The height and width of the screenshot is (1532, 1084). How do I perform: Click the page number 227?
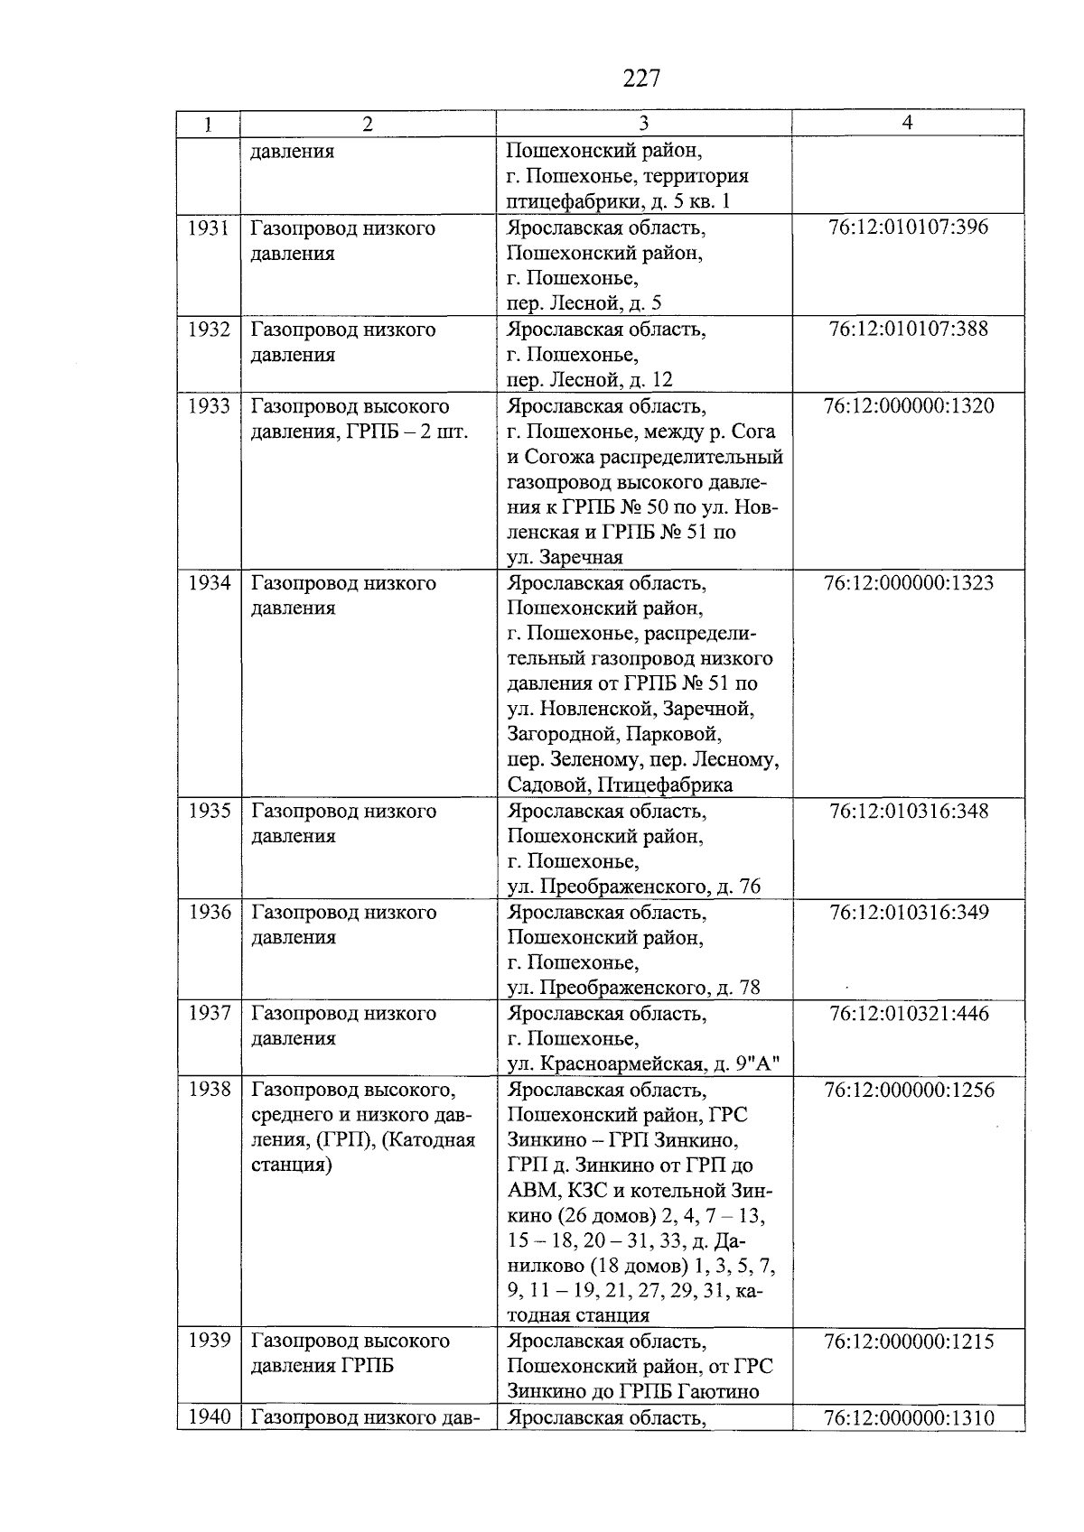(x=642, y=79)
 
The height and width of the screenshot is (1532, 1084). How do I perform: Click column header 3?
(x=643, y=124)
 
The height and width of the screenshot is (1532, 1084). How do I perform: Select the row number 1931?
(x=209, y=227)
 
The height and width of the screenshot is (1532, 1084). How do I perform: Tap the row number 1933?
(x=209, y=405)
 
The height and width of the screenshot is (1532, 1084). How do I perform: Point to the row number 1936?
(x=209, y=912)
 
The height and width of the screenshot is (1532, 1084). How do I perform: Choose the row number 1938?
(x=209, y=1090)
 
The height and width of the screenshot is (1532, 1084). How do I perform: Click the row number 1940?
(x=209, y=1417)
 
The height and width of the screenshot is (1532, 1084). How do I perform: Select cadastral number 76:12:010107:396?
(x=908, y=227)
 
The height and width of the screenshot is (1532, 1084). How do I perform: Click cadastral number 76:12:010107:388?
(x=908, y=329)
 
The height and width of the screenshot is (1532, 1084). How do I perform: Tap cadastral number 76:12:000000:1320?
(x=908, y=405)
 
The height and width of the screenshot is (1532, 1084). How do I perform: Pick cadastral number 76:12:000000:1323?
(x=908, y=582)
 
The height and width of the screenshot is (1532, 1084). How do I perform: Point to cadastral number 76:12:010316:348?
(x=908, y=811)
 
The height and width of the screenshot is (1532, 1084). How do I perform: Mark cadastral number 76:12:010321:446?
(x=908, y=1013)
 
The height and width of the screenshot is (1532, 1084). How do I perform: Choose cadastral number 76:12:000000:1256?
(x=908, y=1090)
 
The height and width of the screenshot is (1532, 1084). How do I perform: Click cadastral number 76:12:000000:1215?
(x=908, y=1341)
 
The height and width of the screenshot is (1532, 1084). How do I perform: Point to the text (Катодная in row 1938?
(x=428, y=1139)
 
